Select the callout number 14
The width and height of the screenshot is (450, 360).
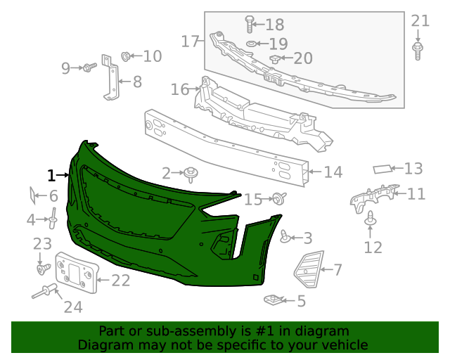pos(333,172)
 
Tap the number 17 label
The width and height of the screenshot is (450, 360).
pos(191,41)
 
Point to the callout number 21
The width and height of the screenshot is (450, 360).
pos(420,21)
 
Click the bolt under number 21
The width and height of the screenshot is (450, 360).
pos(418,50)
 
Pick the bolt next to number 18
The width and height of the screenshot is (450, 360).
pos(248,25)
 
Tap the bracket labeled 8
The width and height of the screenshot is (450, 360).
pos(111,77)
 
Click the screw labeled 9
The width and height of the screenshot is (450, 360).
pos(89,67)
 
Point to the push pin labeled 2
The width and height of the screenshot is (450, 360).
pos(191,173)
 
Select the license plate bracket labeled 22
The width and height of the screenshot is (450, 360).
pos(75,274)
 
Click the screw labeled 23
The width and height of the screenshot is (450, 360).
pos(42,268)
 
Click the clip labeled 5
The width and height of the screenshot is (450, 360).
pos(274,301)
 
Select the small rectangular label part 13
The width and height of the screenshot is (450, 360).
pos(382,169)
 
